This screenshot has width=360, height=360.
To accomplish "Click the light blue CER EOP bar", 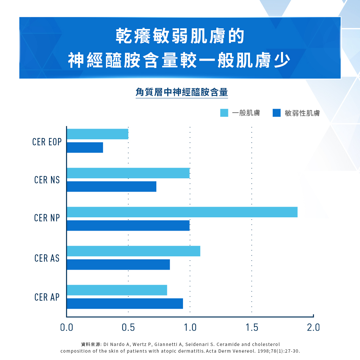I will pos(97,134).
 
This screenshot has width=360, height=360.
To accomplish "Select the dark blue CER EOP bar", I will pos(85,148).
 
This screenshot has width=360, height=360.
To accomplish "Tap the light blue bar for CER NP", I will pos(182,212).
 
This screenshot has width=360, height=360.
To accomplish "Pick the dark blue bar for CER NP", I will pos(128,226).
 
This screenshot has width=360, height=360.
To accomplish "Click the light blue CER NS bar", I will pos(128,173).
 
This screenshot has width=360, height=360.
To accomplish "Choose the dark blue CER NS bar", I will pos(111,187).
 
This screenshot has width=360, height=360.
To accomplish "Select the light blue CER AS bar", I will pos(133,251).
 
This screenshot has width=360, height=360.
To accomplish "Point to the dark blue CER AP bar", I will pos(125,304).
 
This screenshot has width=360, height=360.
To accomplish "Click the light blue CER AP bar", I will pos(117,290).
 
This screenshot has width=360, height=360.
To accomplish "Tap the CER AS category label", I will pos(47,258).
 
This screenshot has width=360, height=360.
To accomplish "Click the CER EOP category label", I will pos(47,142).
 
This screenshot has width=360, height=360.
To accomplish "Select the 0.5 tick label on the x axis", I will pos(128,328).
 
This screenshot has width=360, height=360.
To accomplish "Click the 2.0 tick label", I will pos(313,328).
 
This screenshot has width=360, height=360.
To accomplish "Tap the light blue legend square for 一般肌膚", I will pos(224,113).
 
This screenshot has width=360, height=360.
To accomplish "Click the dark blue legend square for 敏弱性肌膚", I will pos(277,113).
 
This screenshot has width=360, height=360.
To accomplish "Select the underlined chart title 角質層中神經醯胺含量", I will pos(182,92).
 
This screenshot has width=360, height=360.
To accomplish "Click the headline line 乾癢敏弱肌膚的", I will pos(180,37).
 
